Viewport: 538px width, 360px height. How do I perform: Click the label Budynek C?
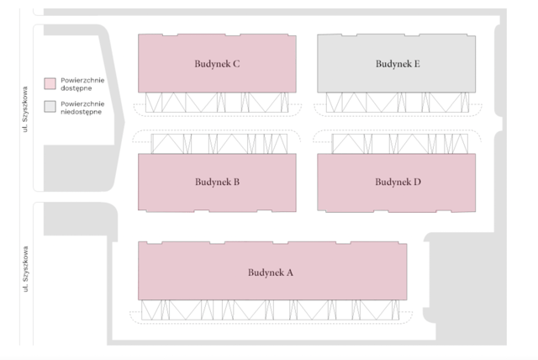click(217, 64)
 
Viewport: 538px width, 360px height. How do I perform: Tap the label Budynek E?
click(398, 64)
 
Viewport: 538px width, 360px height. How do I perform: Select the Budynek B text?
click(217, 182)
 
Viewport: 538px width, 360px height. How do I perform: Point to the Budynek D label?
click(398, 182)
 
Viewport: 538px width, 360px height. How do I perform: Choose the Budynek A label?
click(271, 273)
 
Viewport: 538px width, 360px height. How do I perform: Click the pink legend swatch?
click(50, 83)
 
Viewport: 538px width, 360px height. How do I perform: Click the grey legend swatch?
click(50, 106)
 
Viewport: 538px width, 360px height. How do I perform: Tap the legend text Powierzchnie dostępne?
click(82, 84)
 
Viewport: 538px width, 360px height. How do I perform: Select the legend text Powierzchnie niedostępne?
click(82, 108)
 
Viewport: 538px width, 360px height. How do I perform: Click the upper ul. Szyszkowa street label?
click(24, 109)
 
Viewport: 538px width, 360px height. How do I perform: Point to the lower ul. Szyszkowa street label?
click(25, 269)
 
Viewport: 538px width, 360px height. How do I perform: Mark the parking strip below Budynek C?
click(217, 103)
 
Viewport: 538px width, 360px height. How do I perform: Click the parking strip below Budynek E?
click(398, 103)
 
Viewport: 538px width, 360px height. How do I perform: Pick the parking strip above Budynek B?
click(219, 144)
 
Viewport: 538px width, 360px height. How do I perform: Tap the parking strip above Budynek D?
click(400, 144)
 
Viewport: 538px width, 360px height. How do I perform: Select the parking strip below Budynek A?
click(271, 310)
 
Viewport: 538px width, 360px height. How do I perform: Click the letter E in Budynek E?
click(417, 64)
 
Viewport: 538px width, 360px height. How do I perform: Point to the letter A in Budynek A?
click(290, 273)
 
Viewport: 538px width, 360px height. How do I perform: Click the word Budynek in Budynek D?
click(393, 182)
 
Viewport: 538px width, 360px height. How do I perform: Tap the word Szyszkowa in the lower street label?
click(25, 263)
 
